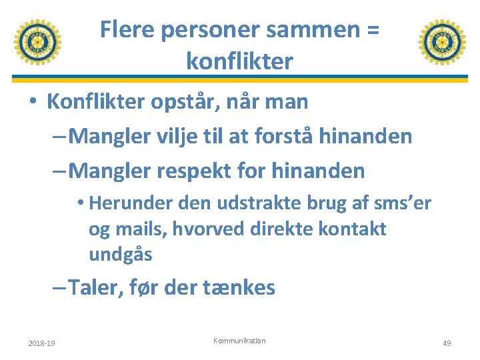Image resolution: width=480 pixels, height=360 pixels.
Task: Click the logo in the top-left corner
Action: coord(37,42)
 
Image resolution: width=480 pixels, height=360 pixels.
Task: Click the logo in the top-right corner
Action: coord(442,42)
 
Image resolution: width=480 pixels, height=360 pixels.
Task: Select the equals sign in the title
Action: coord(372,30)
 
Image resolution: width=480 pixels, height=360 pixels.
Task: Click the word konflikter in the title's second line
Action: coord(239,61)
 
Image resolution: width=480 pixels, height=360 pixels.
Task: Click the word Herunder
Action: coord(129,203)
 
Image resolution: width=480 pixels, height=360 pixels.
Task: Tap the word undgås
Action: coord(120,254)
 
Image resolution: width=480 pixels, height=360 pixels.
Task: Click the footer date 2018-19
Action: coord(41,343)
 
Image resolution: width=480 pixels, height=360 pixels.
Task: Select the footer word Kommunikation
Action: coord(239,341)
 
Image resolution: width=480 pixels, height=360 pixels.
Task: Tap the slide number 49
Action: coord(447,343)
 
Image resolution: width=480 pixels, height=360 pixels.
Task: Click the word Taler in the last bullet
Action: coord(92,288)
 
